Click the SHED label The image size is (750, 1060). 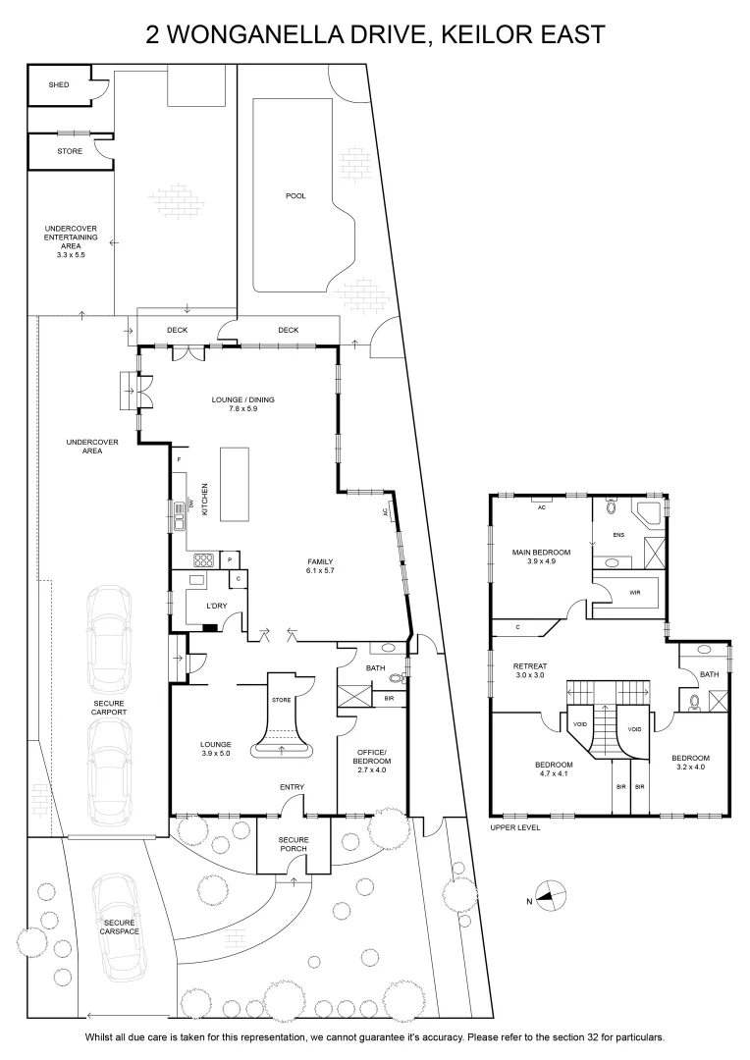59,85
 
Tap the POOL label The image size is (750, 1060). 295,196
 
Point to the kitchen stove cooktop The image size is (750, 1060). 203,559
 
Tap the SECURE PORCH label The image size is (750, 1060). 294,844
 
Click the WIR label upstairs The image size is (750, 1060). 634,593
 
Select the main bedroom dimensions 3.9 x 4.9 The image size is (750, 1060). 541,561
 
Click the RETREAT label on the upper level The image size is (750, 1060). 529,666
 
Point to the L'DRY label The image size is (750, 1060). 216,606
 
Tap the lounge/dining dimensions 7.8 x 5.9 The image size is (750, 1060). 242,409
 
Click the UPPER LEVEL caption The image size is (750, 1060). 515,827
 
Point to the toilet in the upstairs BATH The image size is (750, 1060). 694,703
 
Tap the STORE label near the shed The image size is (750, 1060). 70,151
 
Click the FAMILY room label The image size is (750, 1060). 320,561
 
